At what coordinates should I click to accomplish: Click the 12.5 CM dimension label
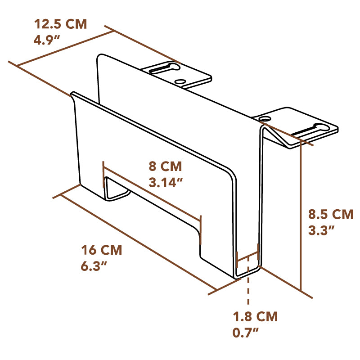(x=60, y=24)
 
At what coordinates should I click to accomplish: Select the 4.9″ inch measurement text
(x=47, y=40)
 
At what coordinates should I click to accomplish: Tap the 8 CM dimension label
(x=165, y=166)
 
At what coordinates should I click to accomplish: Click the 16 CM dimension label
(x=101, y=249)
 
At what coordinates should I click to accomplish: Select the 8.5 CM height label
(x=331, y=214)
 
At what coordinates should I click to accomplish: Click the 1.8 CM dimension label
(x=255, y=316)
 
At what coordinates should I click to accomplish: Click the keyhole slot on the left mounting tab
(x=164, y=68)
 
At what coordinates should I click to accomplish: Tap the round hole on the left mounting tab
(x=180, y=82)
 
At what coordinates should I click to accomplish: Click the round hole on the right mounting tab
(x=265, y=118)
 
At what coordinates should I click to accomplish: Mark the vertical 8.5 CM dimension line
(x=300, y=216)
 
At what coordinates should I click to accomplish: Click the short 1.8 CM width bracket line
(x=247, y=258)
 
